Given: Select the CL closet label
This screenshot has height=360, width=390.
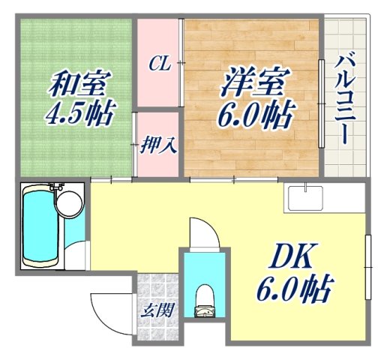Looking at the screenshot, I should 158,64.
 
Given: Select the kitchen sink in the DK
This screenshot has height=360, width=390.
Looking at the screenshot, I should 307,199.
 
